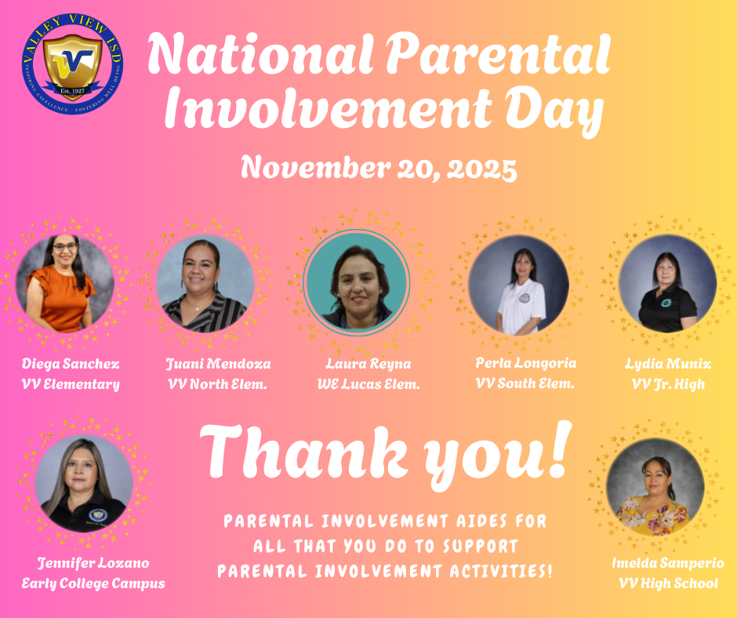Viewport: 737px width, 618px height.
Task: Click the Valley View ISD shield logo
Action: pos(71,66)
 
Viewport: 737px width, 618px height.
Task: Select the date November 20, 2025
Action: pos(379,168)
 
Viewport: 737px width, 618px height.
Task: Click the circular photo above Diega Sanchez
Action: pos(66,283)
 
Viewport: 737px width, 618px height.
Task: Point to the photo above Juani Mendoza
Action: pos(205,283)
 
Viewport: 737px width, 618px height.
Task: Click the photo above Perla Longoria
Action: pos(519,285)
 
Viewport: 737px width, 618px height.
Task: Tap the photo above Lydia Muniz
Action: pos(667,283)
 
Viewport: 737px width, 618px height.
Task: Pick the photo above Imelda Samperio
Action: pos(655,487)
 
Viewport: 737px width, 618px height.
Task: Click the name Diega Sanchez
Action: pos(71,364)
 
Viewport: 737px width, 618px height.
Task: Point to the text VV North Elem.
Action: pos(205,384)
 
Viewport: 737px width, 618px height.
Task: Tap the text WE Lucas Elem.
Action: pos(368,384)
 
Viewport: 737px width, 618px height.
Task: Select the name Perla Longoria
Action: pos(526,363)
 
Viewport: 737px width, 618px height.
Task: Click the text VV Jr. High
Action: pos(668,384)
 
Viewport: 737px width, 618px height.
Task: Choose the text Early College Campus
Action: pos(93,583)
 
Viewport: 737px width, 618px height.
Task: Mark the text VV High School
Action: pos(666,583)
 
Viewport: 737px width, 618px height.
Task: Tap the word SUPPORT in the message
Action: pos(481,545)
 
